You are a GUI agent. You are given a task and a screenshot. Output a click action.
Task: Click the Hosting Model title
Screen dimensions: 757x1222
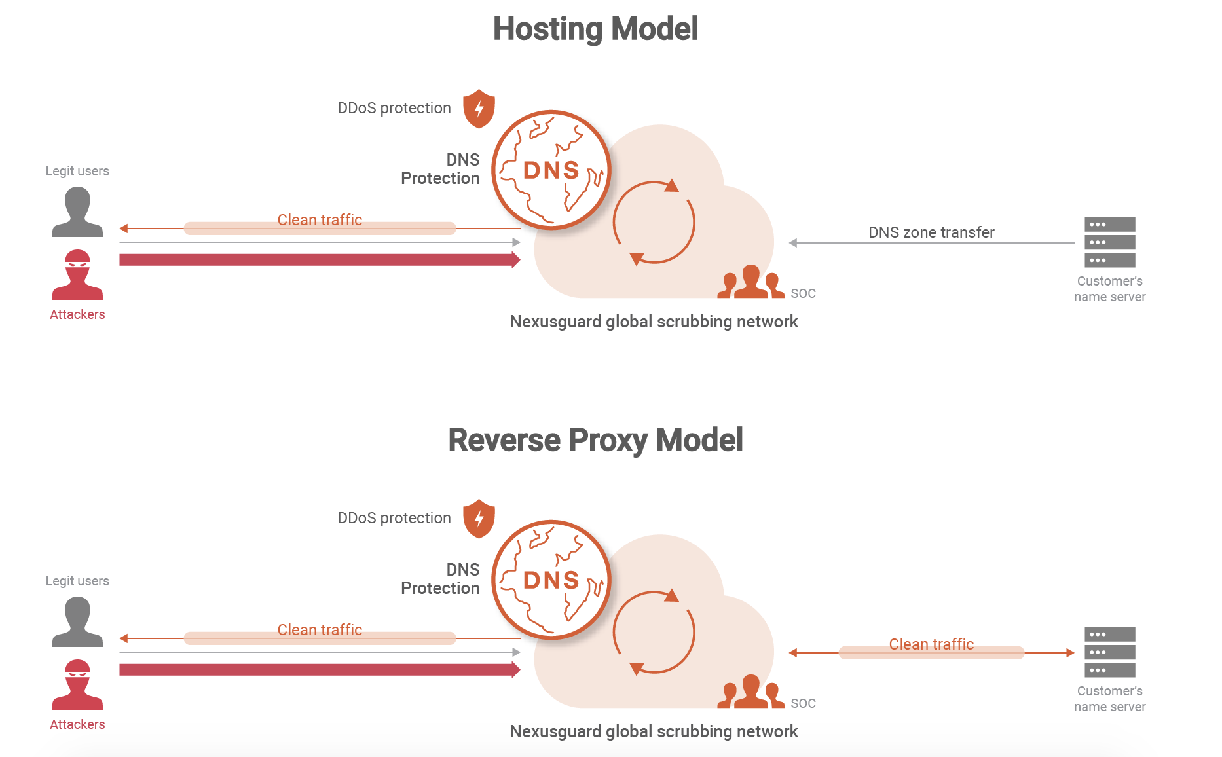595,29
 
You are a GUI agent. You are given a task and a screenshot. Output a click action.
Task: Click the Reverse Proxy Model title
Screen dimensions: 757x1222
595,440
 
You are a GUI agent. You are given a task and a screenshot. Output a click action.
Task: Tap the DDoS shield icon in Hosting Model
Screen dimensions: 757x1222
479,109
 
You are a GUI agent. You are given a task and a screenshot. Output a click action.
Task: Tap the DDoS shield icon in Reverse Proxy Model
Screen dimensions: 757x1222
479,519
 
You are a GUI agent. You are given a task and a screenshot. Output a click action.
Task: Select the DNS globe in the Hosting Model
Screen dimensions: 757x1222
551,170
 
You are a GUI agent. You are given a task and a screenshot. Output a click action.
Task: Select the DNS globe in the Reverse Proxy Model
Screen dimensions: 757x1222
551,580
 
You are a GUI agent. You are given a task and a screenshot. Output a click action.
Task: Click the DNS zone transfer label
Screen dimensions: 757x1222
931,232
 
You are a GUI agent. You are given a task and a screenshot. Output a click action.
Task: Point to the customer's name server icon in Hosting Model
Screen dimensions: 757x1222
1109,242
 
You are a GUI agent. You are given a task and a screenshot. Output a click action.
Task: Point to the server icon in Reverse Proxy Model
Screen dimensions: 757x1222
1109,652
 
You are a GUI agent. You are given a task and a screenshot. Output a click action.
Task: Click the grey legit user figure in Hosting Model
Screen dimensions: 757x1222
77,212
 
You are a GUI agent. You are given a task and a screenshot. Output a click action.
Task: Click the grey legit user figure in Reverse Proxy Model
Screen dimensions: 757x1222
77,622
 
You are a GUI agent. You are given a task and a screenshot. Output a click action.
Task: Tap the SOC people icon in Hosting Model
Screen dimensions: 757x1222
751,283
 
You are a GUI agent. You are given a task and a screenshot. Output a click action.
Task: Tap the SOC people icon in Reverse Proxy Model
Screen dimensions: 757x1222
751,693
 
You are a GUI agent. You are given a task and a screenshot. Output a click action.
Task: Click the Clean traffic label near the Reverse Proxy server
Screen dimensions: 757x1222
931,644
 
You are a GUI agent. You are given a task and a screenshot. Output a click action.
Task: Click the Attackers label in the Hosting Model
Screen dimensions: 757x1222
77,314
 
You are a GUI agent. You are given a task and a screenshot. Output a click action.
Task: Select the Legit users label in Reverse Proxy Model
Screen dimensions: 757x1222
77,581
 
